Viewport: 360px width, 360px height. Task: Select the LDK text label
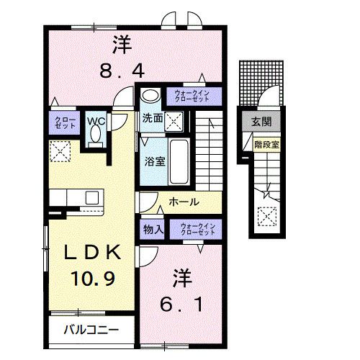tap(90, 253)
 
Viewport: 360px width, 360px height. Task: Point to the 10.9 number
tap(91, 276)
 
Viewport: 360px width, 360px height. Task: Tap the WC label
tap(97, 122)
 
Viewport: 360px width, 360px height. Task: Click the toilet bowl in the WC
tap(95, 137)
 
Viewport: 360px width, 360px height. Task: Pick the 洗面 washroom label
tap(152, 118)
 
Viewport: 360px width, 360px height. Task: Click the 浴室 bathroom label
tap(155, 161)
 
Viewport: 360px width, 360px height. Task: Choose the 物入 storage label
tap(153, 229)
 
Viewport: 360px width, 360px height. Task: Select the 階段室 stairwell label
tap(266, 144)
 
